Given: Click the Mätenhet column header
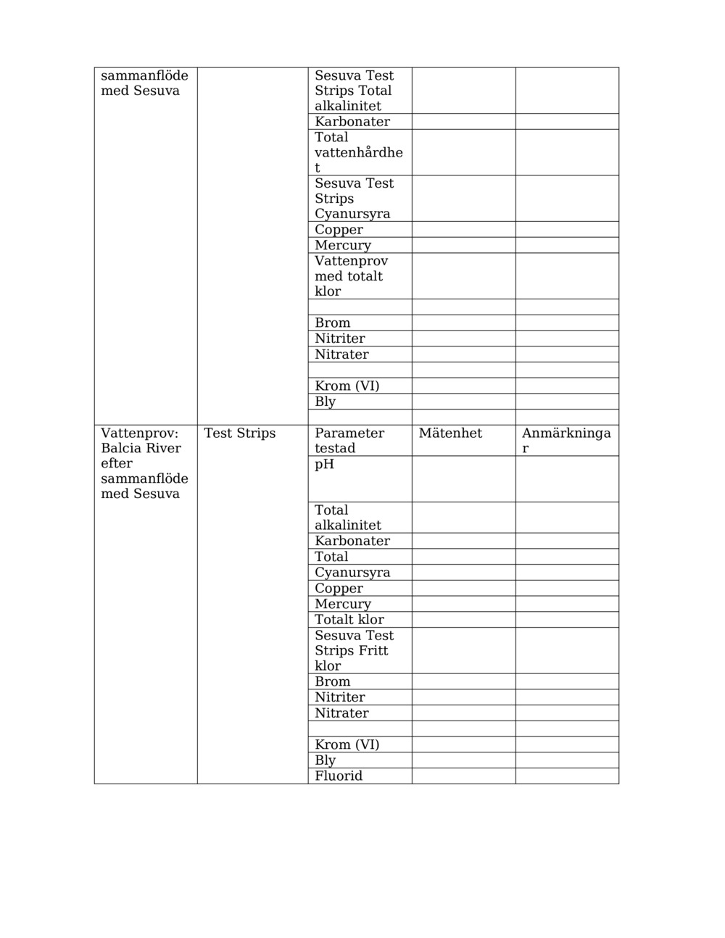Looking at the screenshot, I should click(x=450, y=433).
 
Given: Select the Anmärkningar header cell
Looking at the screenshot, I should click(x=566, y=440).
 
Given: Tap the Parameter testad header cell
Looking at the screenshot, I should click(x=349, y=440).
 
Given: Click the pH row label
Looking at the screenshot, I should click(x=325, y=465).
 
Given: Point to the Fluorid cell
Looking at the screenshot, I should click(x=339, y=776).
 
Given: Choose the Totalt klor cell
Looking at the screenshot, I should click(x=349, y=620).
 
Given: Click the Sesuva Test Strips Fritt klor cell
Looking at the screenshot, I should click(x=354, y=650).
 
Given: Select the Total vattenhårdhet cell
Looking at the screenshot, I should click(x=358, y=152).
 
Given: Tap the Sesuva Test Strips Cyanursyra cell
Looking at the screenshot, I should click(x=354, y=199).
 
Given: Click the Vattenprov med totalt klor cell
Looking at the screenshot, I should click(x=351, y=276).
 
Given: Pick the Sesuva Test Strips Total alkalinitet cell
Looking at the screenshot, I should click(x=354, y=91).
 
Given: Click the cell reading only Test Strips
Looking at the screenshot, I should click(x=240, y=433).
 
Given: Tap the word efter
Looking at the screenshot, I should click(x=117, y=464).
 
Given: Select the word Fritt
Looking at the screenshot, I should click(x=372, y=651).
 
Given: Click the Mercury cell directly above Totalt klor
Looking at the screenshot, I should click(x=343, y=605).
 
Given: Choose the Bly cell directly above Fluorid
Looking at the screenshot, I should click(x=326, y=760).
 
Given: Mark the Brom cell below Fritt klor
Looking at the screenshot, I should click(x=333, y=682).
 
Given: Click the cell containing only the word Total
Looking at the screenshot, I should click(x=331, y=557).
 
